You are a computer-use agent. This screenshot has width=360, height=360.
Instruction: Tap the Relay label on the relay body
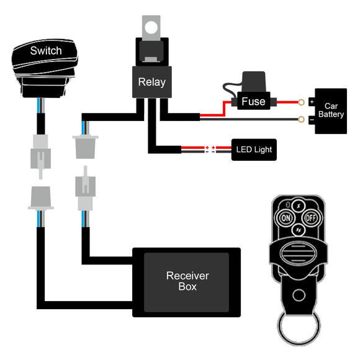tap(152, 82)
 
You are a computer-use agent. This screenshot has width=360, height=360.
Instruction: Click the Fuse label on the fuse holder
tap(253, 101)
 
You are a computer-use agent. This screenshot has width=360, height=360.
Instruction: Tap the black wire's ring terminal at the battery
tap(301, 119)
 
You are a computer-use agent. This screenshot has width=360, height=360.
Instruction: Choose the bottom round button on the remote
tap(297, 230)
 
